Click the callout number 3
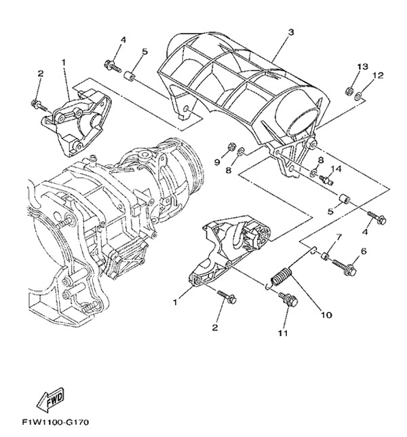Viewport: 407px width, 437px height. (290, 33)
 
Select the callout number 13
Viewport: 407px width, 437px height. (363, 66)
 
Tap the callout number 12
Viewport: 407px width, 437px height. (379, 75)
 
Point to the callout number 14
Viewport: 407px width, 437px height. (336, 169)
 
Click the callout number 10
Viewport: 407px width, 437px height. (326, 315)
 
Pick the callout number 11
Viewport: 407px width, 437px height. (283, 332)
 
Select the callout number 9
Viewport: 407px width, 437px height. (217, 162)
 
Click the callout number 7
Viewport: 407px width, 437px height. (338, 237)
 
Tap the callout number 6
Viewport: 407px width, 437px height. (364, 251)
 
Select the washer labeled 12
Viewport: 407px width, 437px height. (359, 96)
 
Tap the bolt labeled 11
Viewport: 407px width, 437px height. (288, 299)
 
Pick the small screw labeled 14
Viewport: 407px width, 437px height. (326, 179)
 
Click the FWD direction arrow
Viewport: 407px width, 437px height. (51, 400)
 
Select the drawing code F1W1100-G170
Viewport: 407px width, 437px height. (56, 422)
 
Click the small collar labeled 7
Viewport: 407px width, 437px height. (325, 255)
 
